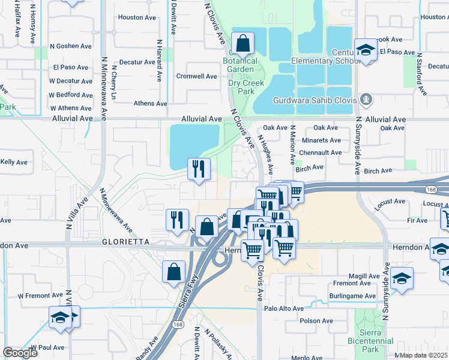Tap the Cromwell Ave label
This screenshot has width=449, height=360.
(196, 76)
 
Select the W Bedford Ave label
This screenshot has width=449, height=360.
(71, 95)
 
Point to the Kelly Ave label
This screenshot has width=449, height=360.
(14, 162)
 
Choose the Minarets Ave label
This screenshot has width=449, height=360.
(322, 140)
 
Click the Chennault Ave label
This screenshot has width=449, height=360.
(321, 152)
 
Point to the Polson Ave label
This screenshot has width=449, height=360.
(316, 321)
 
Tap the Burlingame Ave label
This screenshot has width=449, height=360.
(352, 296)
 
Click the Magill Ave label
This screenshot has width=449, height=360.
(366, 276)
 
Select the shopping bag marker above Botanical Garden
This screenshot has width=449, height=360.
(243, 44)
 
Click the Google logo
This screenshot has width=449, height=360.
(20, 353)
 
